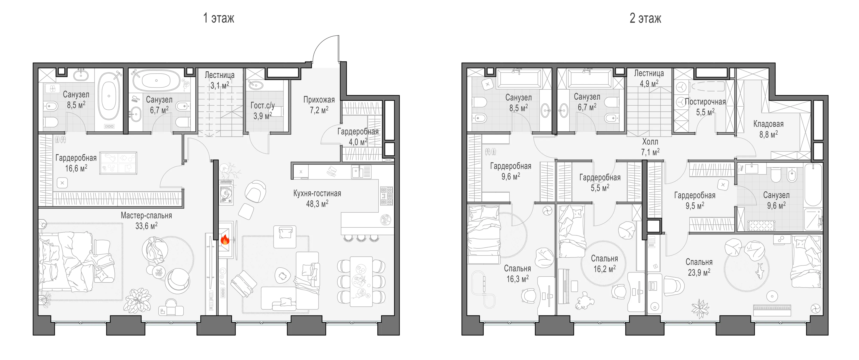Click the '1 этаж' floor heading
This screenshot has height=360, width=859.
pyautogui.click(x=219, y=18)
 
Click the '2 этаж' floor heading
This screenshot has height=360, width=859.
pyautogui.click(x=645, y=18)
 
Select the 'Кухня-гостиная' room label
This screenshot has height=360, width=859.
pyautogui.click(x=317, y=193)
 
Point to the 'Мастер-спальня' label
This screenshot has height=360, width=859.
pyautogui.click(x=146, y=216)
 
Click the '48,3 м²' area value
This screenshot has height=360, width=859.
pyautogui.click(x=317, y=204)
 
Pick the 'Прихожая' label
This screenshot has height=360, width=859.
pyautogui.click(x=319, y=100)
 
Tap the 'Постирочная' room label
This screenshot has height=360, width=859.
pyautogui.click(x=705, y=102)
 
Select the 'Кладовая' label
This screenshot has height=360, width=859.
pyautogui.click(x=768, y=124)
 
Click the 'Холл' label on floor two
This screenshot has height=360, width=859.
pyautogui.click(x=650, y=142)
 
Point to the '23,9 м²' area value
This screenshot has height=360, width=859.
pyautogui.click(x=699, y=272)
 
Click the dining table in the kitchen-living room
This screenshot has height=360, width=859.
pyautogui.click(x=361, y=281)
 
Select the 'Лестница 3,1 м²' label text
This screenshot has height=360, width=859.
pyautogui.click(x=219, y=80)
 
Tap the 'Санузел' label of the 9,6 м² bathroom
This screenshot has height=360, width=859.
pyautogui.click(x=776, y=195)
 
